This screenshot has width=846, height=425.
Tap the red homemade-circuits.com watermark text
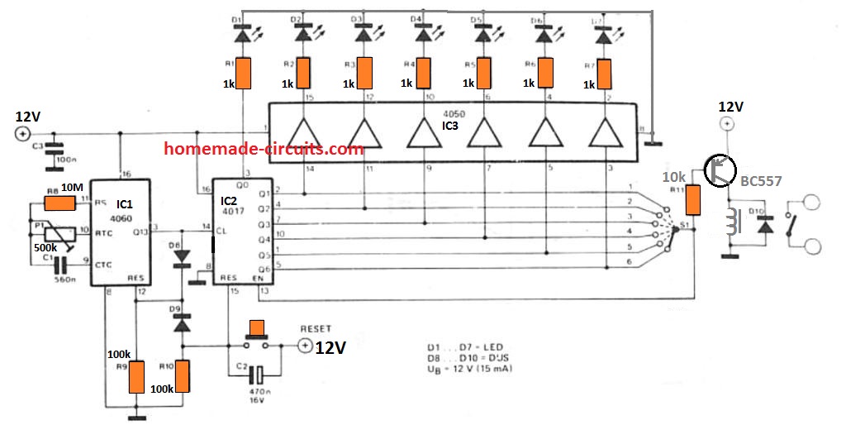click(x=264, y=150)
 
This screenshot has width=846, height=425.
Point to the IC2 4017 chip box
click(x=243, y=234)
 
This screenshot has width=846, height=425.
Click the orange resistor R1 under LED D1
click(x=244, y=73)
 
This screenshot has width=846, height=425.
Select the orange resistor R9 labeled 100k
click(x=137, y=376)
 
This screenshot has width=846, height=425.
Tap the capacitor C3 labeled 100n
click(x=54, y=151)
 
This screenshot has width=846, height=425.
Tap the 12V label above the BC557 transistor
click(x=730, y=107)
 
